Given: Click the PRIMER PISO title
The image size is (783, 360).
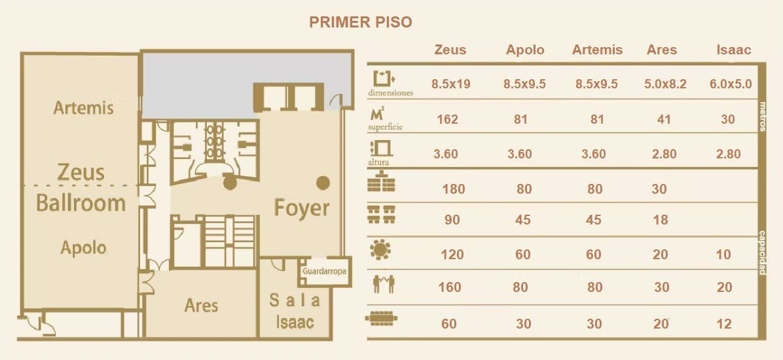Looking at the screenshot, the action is coord(361,22).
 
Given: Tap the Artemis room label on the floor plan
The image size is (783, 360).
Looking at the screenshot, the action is coord(83,108).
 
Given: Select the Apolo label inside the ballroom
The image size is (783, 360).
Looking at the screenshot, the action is coord(83,247).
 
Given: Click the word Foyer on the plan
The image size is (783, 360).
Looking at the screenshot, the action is coord(302,207).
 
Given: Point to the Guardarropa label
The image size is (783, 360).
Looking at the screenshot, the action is coord(324,271).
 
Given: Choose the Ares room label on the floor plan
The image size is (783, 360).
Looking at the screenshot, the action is coord(201,306).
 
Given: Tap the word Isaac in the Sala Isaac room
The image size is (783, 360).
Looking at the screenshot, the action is coord(295,323).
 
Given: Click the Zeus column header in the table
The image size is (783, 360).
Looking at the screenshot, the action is coord(450,50).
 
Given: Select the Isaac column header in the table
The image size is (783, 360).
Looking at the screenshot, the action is coord(733,50).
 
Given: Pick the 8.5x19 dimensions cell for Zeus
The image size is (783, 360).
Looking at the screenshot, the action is coord(451,84).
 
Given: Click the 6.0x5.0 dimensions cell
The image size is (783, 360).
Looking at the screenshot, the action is coord(731,84).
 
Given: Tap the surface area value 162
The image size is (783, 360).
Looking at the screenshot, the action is coord(447,119).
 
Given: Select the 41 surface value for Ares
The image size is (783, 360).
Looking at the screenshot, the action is coord(664,119).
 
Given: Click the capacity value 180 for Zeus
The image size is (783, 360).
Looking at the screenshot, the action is coord(454,189).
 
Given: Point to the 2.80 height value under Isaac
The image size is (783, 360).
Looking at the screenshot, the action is coord(728,154).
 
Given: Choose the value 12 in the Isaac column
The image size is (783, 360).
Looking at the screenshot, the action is coord(724,324).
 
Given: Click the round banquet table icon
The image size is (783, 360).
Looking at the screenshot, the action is coord(380,249).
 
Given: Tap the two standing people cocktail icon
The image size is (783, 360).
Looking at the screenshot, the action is coord(384,283).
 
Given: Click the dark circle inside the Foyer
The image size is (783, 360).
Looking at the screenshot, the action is coord(323,183).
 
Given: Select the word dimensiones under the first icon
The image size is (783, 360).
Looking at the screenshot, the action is coord(390,93).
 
